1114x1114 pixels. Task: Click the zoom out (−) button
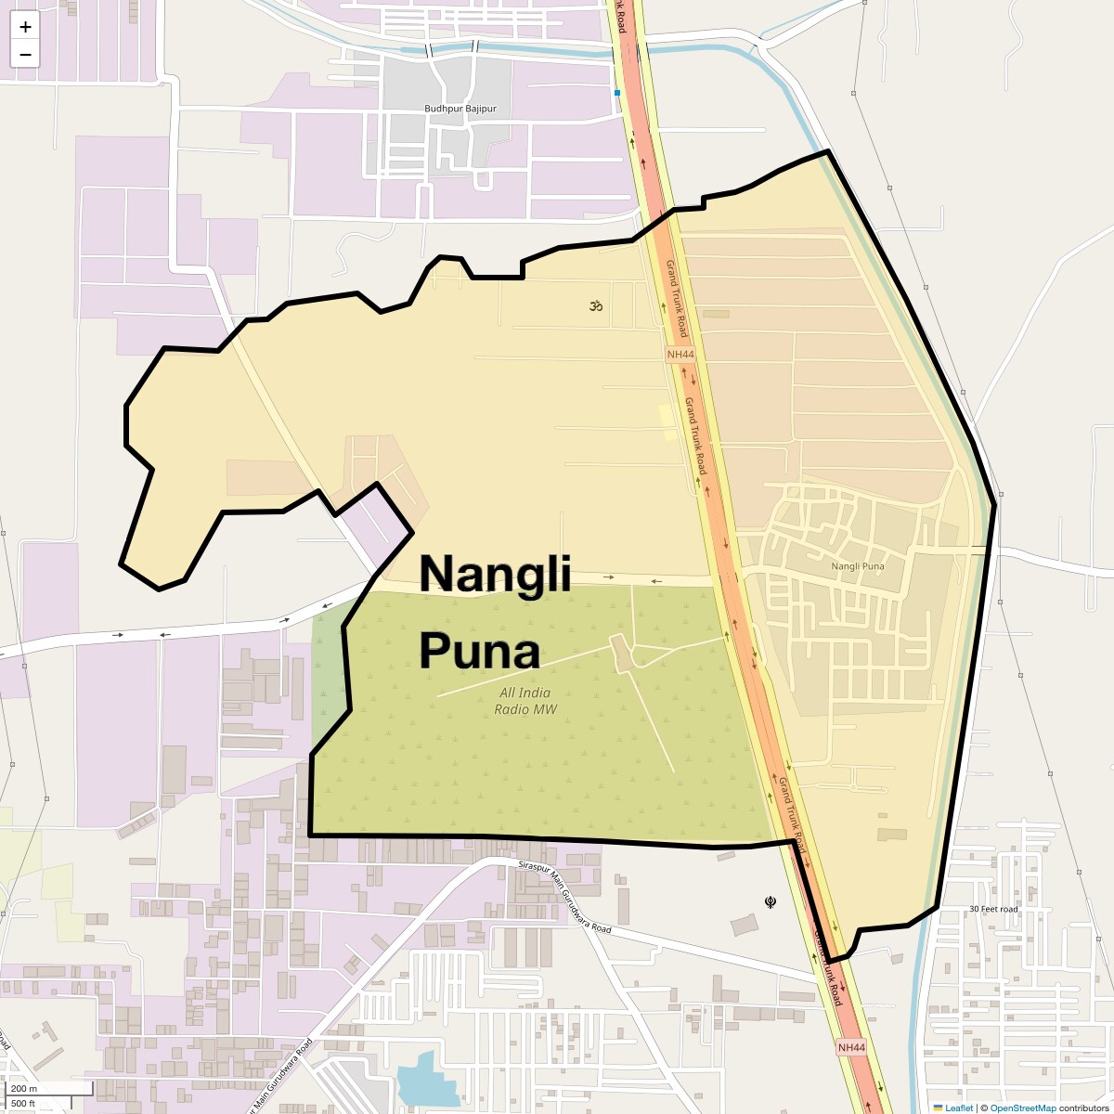pyautogui.click(x=25, y=54)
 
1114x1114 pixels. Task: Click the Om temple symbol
pyautogui.click(x=594, y=304)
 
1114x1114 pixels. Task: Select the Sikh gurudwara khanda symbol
pyautogui.click(x=770, y=900)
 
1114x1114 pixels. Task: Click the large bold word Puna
pyautogui.click(x=479, y=652)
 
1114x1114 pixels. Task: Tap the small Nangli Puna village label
pyautogui.click(x=857, y=565)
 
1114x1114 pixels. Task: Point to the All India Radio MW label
pyautogui.click(x=525, y=701)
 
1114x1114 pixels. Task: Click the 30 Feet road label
pyautogui.click(x=993, y=909)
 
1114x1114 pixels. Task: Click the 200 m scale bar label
pyautogui.click(x=24, y=1089)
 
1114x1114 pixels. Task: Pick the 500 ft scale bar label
pyautogui.click(x=23, y=1103)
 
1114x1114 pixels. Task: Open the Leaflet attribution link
pyautogui.click(x=959, y=1108)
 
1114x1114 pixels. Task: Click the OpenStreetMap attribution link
pyautogui.click(x=1022, y=1108)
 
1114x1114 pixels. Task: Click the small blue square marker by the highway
pyautogui.click(x=615, y=93)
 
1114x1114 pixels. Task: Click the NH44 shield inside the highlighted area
pyautogui.click(x=680, y=355)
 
